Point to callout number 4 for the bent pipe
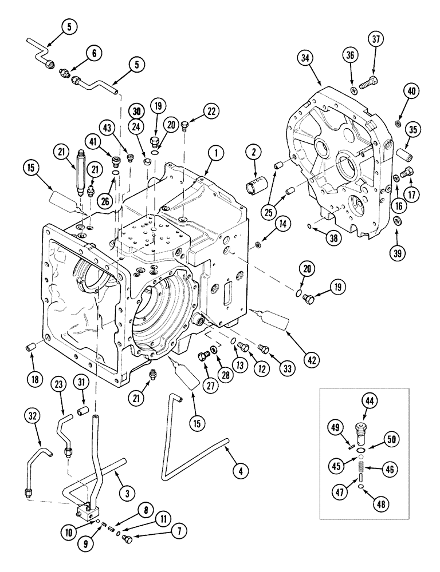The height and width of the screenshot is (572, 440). click(241, 471)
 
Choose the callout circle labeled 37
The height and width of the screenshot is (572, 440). click(376, 39)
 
